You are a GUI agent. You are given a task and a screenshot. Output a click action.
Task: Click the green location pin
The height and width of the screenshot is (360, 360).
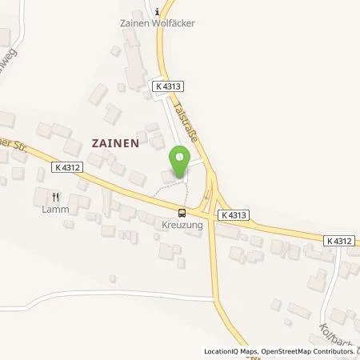(x=181, y=157)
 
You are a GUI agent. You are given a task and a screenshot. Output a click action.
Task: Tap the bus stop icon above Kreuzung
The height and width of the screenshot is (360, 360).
(x=182, y=213)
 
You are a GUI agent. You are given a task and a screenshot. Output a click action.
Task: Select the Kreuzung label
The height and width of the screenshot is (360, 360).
(x=182, y=226)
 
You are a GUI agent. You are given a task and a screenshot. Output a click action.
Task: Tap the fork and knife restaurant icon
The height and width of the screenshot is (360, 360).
(x=55, y=195)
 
